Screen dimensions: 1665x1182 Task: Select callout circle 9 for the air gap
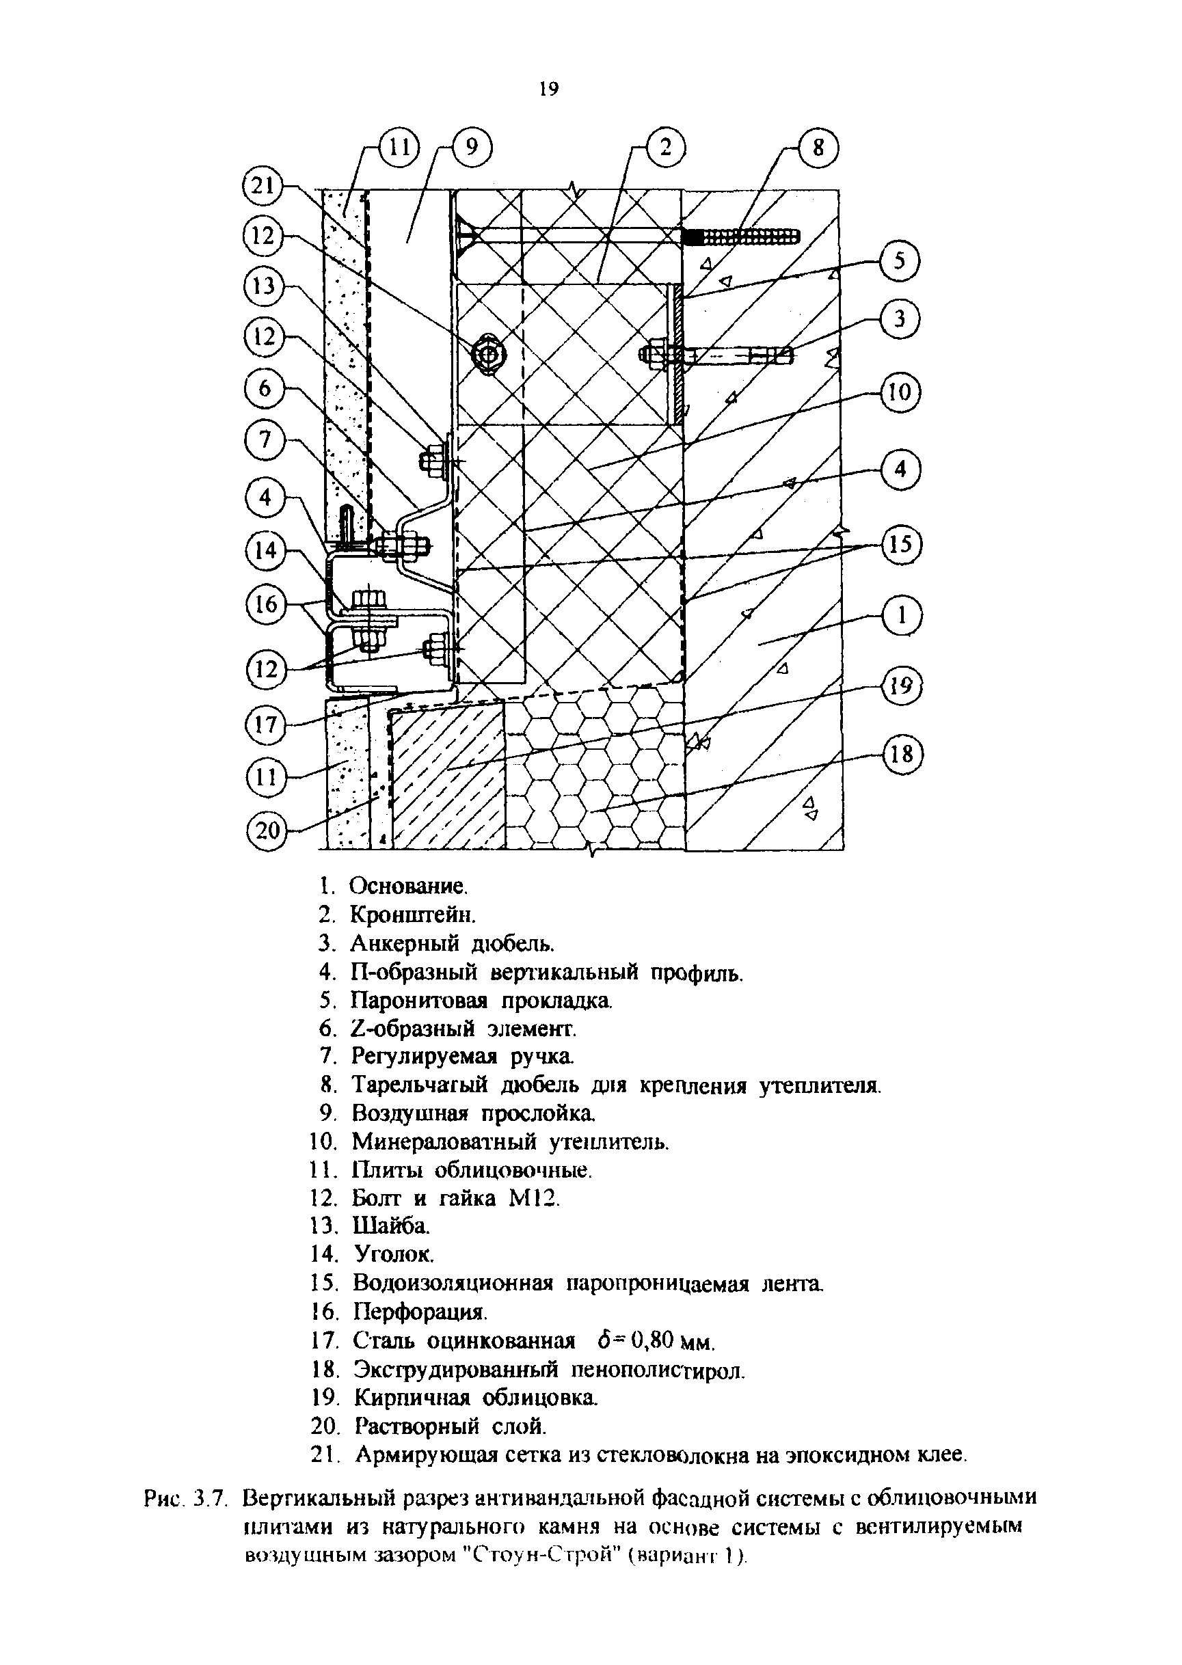(x=472, y=148)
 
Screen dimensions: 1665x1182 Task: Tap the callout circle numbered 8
(x=819, y=148)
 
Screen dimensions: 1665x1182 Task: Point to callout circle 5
(x=900, y=261)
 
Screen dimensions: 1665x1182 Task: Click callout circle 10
(x=900, y=393)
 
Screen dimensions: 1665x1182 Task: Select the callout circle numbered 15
(x=901, y=544)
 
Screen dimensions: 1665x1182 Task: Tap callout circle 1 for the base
(x=902, y=617)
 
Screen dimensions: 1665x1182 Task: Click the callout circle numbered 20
(x=267, y=830)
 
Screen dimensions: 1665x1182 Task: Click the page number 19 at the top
(x=548, y=90)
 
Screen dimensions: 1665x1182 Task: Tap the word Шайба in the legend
(x=391, y=1226)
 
